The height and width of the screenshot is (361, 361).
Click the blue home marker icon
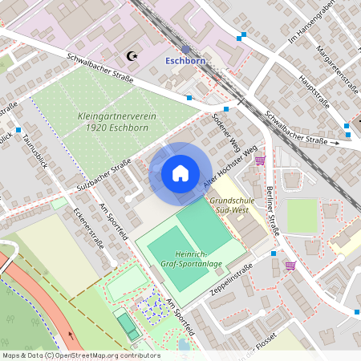(180, 172)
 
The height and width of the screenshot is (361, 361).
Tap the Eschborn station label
(186, 60)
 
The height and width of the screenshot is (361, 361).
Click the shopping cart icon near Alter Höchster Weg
(260, 160)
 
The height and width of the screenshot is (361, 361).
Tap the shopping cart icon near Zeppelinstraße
(290, 265)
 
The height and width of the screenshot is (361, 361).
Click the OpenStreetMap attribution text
(80, 355)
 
